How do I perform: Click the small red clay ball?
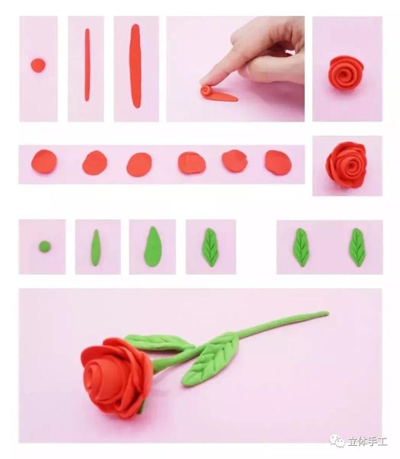[38, 65]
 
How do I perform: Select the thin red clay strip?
[87, 65]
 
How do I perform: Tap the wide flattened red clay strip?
[136, 66]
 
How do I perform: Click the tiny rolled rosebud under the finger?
[206, 90]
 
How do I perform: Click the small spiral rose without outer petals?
[346, 72]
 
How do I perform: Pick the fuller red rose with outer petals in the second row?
[347, 165]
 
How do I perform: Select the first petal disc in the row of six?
[44, 162]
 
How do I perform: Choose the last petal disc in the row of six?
[278, 163]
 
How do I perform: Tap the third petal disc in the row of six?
[139, 164]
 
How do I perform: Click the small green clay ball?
[45, 247]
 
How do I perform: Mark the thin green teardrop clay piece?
[96, 248]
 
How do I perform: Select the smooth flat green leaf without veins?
[152, 247]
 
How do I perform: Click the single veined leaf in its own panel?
[211, 247]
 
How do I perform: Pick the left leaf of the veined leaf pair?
[301, 247]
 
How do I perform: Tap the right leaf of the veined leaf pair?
[357, 247]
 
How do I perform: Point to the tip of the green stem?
[327, 313]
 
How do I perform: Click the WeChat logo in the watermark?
[337, 441]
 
